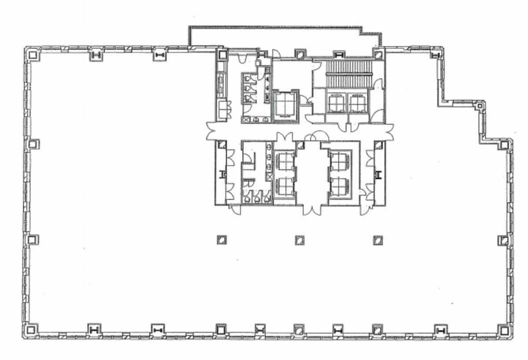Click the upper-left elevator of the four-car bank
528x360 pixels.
tap(284, 161)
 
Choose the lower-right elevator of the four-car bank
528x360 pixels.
tap(339, 187)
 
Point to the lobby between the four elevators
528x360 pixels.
tap(312, 174)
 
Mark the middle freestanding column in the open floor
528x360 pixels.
tap(300, 240)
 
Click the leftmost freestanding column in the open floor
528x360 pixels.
tap(222, 240)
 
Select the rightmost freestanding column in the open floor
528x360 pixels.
tap(377, 240)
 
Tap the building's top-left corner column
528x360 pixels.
tap(32, 55)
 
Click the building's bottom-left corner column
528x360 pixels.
tap(31, 330)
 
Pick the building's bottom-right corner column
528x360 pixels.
tap(503, 330)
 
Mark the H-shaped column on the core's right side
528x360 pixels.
tap(378, 174)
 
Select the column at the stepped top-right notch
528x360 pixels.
tap(480, 106)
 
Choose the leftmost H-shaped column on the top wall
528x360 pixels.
tap(96, 55)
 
